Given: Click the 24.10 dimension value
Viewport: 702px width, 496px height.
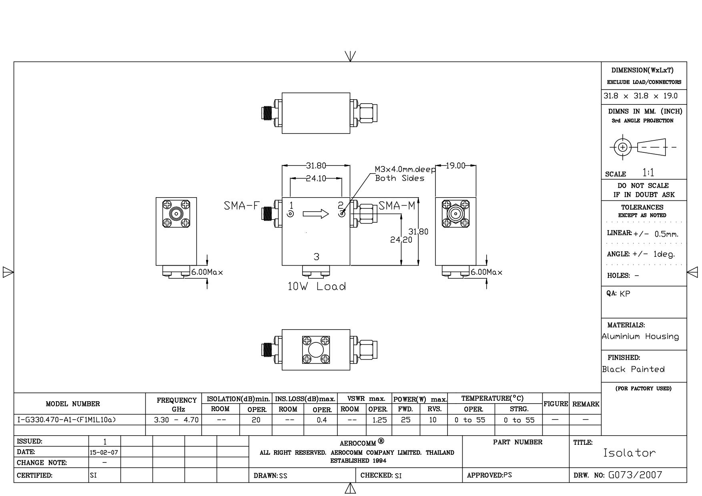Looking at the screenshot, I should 316,179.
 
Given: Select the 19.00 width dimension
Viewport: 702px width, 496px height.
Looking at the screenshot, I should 455,166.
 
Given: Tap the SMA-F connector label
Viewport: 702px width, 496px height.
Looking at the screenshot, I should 241,206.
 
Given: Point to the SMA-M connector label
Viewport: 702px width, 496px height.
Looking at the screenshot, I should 397,206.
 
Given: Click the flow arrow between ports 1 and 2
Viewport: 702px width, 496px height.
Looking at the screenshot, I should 316,214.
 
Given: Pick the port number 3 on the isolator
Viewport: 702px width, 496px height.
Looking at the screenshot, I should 317,257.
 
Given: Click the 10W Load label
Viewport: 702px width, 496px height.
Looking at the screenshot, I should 317,286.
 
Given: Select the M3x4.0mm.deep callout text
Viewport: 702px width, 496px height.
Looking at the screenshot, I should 405,170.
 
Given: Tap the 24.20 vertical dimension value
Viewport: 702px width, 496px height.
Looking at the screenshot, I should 401,240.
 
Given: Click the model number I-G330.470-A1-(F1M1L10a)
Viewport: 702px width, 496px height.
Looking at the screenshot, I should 66,420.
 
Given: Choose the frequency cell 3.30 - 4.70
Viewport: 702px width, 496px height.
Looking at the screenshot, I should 176,420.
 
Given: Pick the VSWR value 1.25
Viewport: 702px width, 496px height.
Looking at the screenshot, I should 379,420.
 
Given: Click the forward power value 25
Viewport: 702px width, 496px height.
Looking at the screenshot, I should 406,420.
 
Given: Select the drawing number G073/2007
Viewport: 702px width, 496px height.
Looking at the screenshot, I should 635,475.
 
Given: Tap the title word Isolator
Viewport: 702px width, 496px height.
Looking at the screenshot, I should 629,453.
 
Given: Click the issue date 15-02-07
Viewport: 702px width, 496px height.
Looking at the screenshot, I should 104,452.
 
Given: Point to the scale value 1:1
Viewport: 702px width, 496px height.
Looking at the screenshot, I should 648,173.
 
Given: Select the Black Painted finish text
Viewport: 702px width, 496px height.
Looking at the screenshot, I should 633,369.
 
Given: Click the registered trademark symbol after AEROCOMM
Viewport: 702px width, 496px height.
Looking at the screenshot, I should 381,441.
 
